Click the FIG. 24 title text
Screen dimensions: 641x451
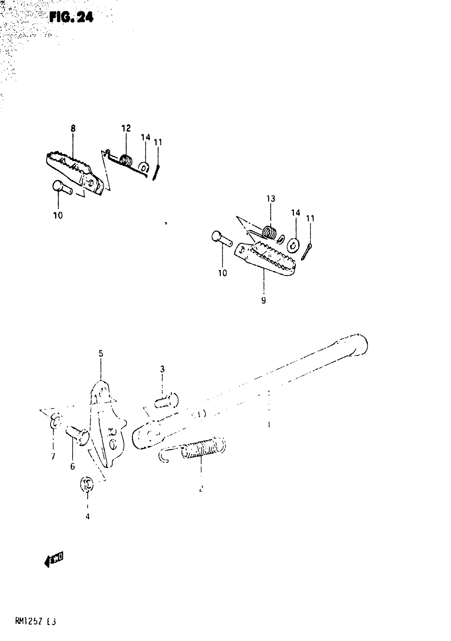(71, 17)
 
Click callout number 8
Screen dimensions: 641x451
(73, 128)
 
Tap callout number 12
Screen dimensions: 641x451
(126, 128)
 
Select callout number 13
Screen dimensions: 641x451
(271, 199)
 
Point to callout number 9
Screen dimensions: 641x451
(263, 300)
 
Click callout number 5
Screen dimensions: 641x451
(101, 354)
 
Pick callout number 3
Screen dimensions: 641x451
(162, 369)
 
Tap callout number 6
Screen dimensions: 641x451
(73, 466)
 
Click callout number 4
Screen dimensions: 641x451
(88, 516)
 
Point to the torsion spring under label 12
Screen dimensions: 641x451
(126, 161)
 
